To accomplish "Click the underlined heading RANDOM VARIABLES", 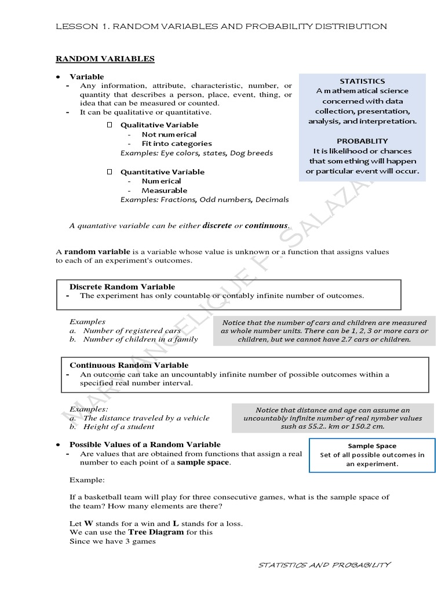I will click(x=105, y=58).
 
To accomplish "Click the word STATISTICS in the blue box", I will click(x=362, y=81).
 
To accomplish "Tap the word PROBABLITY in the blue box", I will click(x=362, y=141).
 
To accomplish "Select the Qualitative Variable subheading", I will click(x=159, y=125).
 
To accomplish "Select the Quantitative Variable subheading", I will click(x=162, y=172).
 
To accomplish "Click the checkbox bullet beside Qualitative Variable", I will click(x=110, y=125).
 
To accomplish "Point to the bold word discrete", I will click(x=217, y=225).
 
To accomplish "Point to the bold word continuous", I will click(x=266, y=225).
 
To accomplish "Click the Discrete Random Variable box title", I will click(x=122, y=287).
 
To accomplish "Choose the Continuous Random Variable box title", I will click(x=129, y=365).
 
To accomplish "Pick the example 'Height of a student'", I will click(x=119, y=427).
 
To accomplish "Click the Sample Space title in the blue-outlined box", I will click(x=372, y=446).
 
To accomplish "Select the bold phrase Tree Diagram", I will click(x=156, y=532).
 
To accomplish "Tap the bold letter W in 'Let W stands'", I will click(x=89, y=524).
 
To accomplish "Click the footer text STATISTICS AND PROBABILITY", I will click(x=324, y=565).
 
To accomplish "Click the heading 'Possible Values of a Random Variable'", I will click(x=145, y=445).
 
